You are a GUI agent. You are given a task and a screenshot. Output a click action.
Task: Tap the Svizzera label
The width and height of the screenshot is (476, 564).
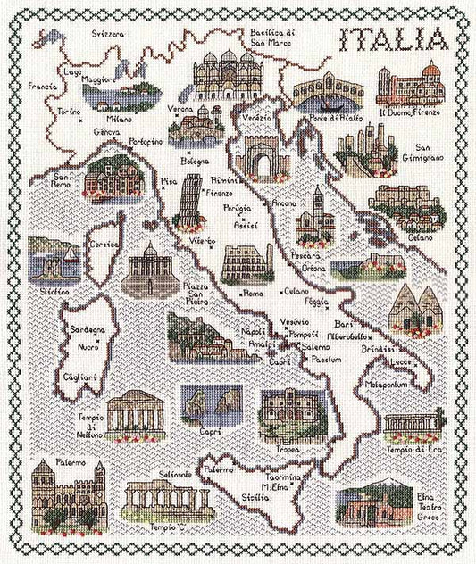[x=107, y=33]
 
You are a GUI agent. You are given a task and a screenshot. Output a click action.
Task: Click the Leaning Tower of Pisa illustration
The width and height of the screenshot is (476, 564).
[x=189, y=201]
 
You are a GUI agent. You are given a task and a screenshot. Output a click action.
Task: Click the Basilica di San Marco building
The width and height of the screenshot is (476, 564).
[x=228, y=75]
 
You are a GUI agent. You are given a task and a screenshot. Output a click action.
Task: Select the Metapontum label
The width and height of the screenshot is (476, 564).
[x=387, y=385]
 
